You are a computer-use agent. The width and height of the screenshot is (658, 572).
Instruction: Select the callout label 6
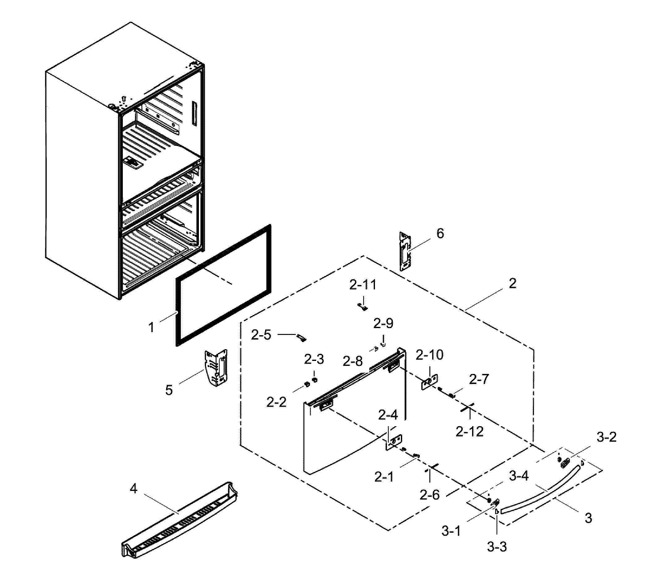[x=440, y=234]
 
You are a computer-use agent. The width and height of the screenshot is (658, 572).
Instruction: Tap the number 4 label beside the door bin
[x=134, y=488]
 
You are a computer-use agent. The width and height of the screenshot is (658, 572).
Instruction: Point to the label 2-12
[x=469, y=432]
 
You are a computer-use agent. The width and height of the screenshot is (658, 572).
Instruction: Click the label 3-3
[x=497, y=547]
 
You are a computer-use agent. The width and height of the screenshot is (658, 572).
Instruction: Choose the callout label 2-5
[x=261, y=335]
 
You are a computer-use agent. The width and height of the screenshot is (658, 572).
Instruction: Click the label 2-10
[x=429, y=355]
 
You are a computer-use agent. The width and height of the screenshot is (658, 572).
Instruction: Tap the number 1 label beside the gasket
[x=152, y=327]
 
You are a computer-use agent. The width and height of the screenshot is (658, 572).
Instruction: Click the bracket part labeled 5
[x=216, y=368]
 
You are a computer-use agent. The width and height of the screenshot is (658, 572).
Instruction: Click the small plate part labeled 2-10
[x=429, y=382]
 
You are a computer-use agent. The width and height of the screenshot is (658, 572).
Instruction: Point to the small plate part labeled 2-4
[x=394, y=442]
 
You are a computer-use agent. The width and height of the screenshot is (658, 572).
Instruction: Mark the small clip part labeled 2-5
[x=301, y=338]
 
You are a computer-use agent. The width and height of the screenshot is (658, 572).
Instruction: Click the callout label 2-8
[x=352, y=361]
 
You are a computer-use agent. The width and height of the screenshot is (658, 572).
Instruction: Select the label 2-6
[x=429, y=495]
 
